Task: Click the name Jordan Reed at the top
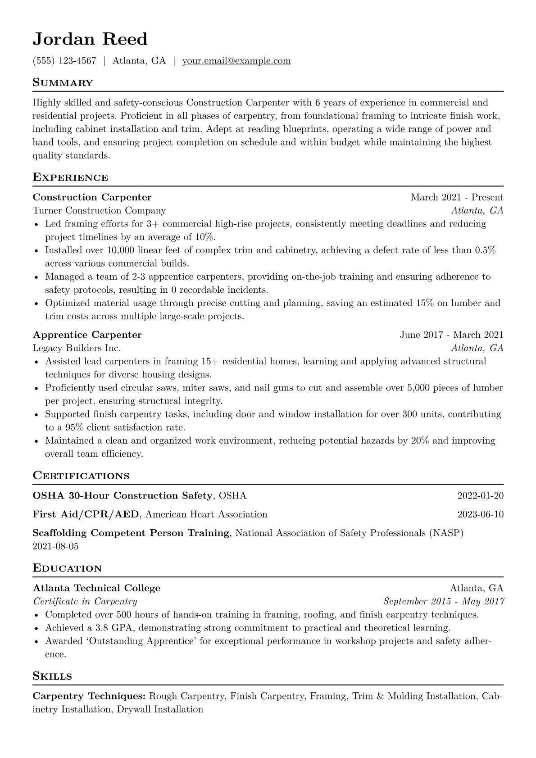[x=90, y=40]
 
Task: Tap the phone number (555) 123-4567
[x=64, y=61]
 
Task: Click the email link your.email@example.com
[x=236, y=61]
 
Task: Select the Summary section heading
[x=63, y=83]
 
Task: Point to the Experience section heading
[x=70, y=177]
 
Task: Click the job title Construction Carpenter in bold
[x=92, y=197]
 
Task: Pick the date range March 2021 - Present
[x=457, y=197]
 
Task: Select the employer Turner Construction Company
[x=99, y=210]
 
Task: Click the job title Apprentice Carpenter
[x=87, y=335]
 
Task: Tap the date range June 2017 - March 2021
[x=451, y=335]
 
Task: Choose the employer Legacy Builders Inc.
[x=77, y=348]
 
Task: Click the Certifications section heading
[x=81, y=476]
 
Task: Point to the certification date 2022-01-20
[x=480, y=496]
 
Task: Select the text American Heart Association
[x=206, y=514]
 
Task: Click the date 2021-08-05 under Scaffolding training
[x=55, y=546]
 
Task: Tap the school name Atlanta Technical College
[x=96, y=588]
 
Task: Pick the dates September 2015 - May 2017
[x=443, y=601]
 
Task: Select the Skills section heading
[x=52, y=676]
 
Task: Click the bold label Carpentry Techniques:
[x=89, y=696]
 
